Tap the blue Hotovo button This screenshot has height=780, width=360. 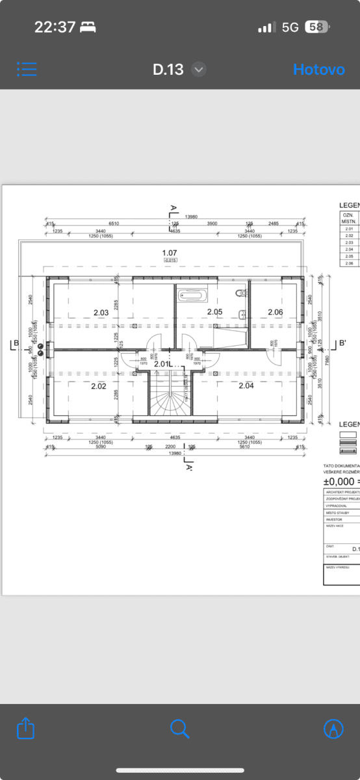pyautogui.click(x=318, y=70)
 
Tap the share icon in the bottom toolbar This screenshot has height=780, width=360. pyautogui.click(x=26, y=729)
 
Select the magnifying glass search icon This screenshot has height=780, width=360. pyautogui.click(x=179, y=729)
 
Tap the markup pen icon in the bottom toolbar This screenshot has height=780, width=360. pyautogui.click(x=333, y=729)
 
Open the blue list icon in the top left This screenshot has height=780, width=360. pyautogui.click(x=27, y=70)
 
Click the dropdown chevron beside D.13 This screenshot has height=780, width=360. pyautogui.click(x=199, y=70)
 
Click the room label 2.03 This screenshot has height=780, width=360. pyautogui.click(x=101, y=313)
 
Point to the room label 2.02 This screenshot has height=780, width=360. pyautogui.click(x=98, y=386)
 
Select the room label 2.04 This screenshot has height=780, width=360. pyautogui.click(x=246, y=386)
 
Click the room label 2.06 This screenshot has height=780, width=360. pyautogui.click(x=276, y=313)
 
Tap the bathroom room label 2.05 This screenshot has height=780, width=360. pyautogui.click(x=214, y=312)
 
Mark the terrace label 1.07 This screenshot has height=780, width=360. pyautogui.click(x=170, y=252)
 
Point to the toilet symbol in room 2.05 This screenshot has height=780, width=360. pyautogui.click(x=241, y=293)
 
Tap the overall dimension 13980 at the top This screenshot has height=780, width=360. pyautogui.click(x=192, y=216)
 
